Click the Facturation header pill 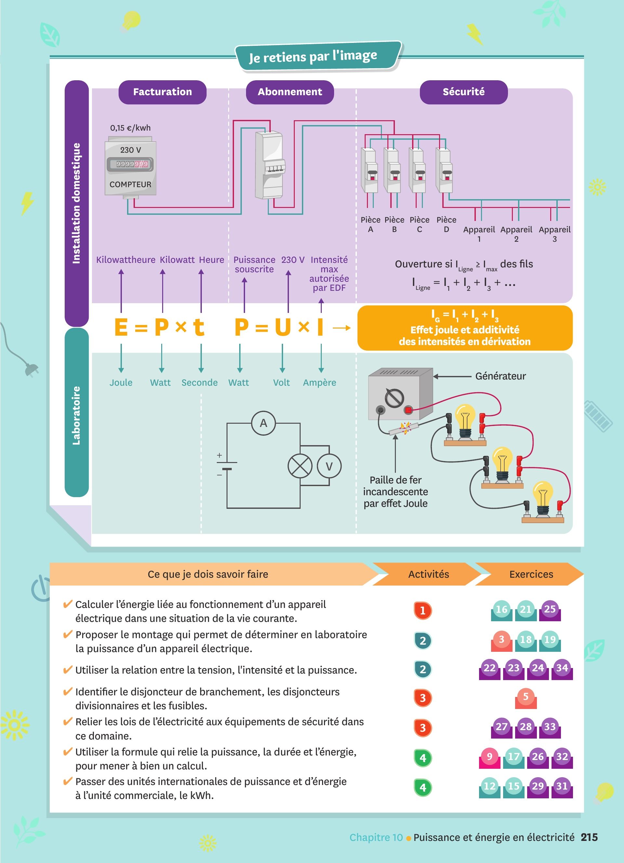click(x=162, y=92)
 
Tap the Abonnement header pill click(x=290, y=92)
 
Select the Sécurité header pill click(x=463, y=92)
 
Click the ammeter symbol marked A click(x=263, y=423)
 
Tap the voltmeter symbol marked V click(x=329, y=466)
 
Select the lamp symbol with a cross click(x=300, y=466)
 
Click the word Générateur click(x=500, y=376)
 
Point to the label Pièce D click(x=446, y=225)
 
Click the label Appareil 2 click(x=516, y=234)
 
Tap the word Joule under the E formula click(x=121, y=382)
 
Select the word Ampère click(x=319, y=382)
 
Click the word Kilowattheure click(x=125, y=260)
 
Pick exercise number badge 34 click(x=562, y=669)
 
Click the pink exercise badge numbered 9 click(x=489, y=757)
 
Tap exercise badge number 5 click(x=526, y=698)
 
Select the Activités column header click(x=428, y=574)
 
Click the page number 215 click(x=589, y=837)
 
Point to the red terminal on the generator click(x=408, y=410)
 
